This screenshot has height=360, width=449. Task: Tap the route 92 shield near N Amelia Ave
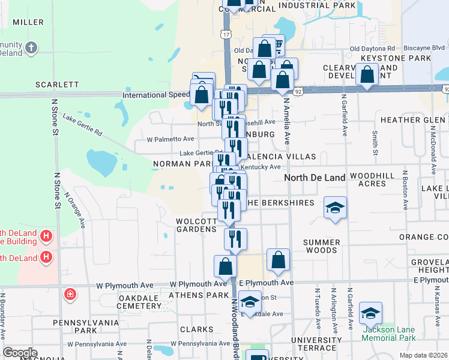click(298, 91)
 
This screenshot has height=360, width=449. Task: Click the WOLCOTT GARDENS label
click(196, 226)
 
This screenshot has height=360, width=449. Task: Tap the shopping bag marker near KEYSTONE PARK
click(367, 75)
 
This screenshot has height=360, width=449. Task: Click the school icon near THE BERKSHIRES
click(336, 208)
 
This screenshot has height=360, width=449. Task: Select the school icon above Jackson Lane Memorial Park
click(370, 313)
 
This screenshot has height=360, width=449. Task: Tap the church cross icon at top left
click(32, 47)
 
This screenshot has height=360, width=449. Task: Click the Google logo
click(20, 353)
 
